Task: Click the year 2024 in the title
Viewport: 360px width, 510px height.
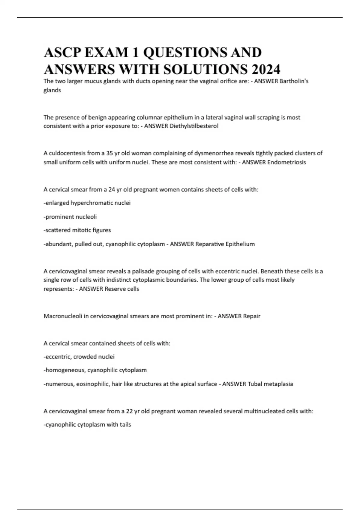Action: pyautogui.click(x=266, y=69)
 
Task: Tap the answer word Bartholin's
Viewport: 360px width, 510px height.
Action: pyautogui.click(x=294, y=81)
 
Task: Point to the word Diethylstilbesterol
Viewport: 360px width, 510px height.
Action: pyautogui.click(x=194, y=126)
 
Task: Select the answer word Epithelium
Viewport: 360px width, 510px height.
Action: pyautogui.click(x=240, y=244)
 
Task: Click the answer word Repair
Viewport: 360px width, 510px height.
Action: pyautogui.click(x=251, y=316)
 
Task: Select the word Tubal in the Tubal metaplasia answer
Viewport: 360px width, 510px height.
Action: pyautogui.click(x=255, y=384)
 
